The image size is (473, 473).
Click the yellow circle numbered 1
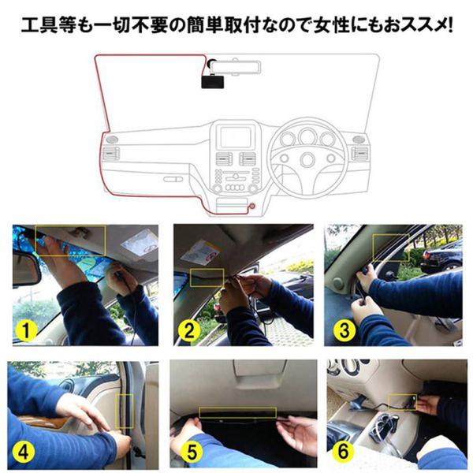[x=26, y=330]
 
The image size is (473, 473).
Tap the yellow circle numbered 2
[x=189, y=330]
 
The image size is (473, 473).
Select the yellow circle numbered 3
[x=345, y=330]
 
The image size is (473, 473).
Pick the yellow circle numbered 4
[x=24, y=451]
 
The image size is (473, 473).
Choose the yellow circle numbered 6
[x=343, y=451]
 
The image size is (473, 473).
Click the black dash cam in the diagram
[x=213, y=82]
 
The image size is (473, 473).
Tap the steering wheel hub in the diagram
[x=307, y=158]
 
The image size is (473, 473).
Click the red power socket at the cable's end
[x=251, y=207]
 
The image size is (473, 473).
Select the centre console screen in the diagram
[x=236, y=137]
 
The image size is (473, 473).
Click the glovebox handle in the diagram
[x=173, y=180]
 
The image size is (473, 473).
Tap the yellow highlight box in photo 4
[x=125, y=411]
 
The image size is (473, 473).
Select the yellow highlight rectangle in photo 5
[x=238, y=412]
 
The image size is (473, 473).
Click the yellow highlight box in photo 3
[x=391, y=248]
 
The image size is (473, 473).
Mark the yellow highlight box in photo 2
[x=207, y=277]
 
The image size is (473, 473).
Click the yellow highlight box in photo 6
[x=403, y=402]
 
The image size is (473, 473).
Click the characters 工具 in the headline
[x=39, y=25]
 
